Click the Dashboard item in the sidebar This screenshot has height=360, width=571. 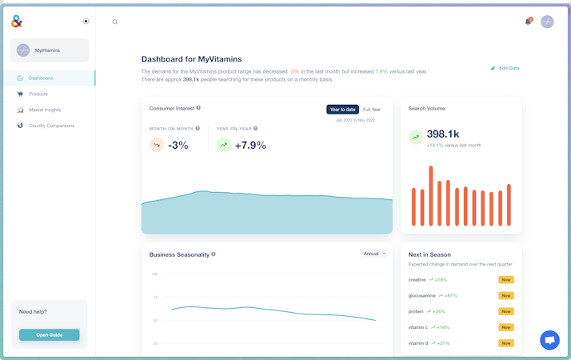(40, 78)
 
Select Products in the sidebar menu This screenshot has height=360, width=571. (38, 94)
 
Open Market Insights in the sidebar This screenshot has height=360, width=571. (44, 110)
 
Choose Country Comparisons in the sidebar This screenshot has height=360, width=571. (51, 126)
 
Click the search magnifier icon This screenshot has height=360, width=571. (115, 22)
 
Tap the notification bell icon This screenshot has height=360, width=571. (528, 22)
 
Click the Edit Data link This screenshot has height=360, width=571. (505, 69)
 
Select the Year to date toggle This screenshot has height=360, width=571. (342, 110)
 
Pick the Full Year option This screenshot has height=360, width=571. (372, 110)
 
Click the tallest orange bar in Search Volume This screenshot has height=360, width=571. (431, 196)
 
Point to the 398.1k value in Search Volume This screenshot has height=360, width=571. (443, 134)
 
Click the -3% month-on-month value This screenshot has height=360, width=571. (178, 146)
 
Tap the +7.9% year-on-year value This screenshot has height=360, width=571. (250, 146)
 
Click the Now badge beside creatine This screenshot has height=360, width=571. (505, 280)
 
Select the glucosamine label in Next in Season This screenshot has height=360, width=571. (421, 296)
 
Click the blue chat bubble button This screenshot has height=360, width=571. (549, 340)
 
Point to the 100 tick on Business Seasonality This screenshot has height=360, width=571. (154, 274)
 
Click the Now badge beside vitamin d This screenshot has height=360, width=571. (505, 343)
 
